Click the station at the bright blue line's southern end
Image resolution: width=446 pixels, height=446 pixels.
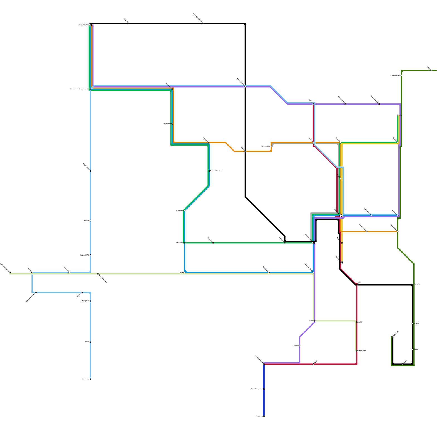[x=264, y=416]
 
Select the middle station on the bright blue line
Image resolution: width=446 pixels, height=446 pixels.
[x=264, y=389]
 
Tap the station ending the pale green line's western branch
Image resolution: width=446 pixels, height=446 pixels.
[x=10, y=272]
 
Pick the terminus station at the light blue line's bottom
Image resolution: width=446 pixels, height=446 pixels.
[x=90, y=379]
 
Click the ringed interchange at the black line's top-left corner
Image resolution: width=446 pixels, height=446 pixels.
[x=90, y=25]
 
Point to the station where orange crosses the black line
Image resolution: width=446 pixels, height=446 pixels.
[x=245, y=151]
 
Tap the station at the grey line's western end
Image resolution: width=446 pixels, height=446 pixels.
[x=271, y=146]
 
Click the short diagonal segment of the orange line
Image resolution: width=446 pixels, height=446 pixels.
[x=230, y=147]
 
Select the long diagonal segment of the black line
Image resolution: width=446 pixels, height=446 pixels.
[x=265, y=217]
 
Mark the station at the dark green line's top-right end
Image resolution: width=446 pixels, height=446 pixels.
[x=431, y=71]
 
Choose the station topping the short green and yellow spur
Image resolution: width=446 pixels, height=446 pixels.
[x=397, y=115]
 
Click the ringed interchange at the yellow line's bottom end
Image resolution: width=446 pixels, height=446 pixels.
[x=342, y=263]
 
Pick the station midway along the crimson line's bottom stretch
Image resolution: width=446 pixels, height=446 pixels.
[x=313, y=364]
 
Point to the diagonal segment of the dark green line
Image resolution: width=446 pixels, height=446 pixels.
[x=406, y=256]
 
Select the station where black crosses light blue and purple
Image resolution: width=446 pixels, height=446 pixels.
[x=245, y=86]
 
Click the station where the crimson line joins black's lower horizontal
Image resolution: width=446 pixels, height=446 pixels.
[x=357, y=285]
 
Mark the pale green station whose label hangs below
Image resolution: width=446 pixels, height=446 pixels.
[x=98, y=274]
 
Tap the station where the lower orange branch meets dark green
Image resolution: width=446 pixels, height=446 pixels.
[x=397, y=231]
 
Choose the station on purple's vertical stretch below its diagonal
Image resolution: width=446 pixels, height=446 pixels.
[x=300, y=346]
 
